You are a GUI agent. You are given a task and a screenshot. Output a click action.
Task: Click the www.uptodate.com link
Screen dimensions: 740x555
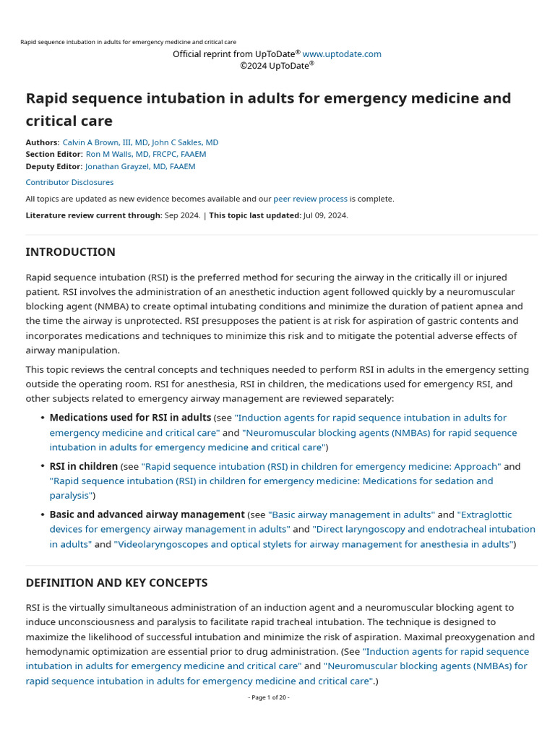pos(342,54)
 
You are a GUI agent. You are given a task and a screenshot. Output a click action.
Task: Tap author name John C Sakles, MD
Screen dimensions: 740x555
pos(185,142)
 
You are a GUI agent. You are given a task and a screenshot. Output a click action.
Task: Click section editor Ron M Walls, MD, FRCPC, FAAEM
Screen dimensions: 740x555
pos(146,154)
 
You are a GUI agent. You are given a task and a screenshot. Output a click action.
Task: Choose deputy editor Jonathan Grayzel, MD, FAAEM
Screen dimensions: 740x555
pos(140,166)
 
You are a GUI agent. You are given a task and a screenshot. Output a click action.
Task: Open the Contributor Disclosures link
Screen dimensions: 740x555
pos(69,182)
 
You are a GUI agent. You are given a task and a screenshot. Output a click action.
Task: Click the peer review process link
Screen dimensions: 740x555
pos(310,199)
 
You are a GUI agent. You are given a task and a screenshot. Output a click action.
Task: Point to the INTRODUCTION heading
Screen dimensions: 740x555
pos(70,252)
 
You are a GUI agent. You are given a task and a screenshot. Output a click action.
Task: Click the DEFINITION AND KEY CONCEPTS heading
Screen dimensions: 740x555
pos(116,582)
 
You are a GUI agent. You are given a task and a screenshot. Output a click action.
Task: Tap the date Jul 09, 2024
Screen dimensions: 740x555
pos(325,215)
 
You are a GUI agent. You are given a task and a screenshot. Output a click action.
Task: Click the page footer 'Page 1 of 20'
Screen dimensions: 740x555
pos(269,697)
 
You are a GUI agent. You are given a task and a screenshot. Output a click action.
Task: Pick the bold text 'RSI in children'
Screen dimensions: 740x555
pos(83,466)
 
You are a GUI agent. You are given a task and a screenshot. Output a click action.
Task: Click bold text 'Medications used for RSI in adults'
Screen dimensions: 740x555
pos(130,418)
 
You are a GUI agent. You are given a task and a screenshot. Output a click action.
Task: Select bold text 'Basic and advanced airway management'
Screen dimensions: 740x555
pos(147,515)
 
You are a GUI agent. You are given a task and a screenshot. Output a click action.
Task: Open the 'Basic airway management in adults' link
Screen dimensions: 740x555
pos(351,515)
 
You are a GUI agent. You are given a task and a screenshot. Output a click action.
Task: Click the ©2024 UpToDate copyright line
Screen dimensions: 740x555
pos(277,66)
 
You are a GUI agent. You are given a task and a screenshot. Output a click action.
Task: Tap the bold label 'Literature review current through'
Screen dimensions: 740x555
pos(93,215)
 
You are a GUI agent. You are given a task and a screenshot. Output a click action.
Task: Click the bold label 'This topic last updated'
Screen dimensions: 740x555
pos(254,215)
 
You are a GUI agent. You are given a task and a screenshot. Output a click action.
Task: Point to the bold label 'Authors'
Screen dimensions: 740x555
pos(42,142)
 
